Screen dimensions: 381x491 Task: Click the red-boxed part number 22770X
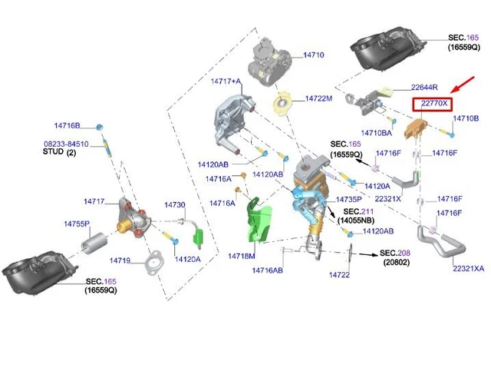432,104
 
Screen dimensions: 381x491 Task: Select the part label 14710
313,55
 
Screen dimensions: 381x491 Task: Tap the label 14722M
318,98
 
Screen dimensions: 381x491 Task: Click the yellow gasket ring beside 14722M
285,101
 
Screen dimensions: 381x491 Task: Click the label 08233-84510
65,144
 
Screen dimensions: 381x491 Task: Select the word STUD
54,153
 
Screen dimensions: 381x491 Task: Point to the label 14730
174,205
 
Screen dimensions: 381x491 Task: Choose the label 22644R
424,87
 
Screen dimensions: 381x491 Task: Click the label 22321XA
468,269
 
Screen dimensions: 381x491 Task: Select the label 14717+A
226,81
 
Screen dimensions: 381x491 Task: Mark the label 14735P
348,199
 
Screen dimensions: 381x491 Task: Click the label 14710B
466,118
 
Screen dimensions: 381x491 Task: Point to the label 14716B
67,124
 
